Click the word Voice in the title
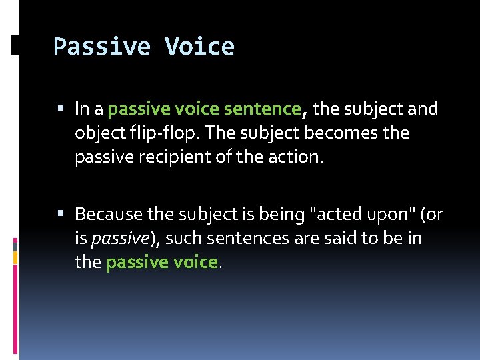click(x=199, y=47)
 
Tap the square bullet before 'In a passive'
click(x=61, y=107)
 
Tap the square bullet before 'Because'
click(x=61, y=213)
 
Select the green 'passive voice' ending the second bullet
click(x=162, y=263)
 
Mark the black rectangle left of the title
click(x=15, y=45)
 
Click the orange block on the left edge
click(x=15, y=257)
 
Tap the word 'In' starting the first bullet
click(x=83, y=108)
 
